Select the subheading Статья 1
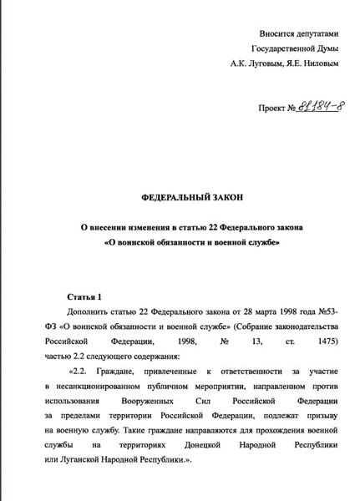coord(84,296)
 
